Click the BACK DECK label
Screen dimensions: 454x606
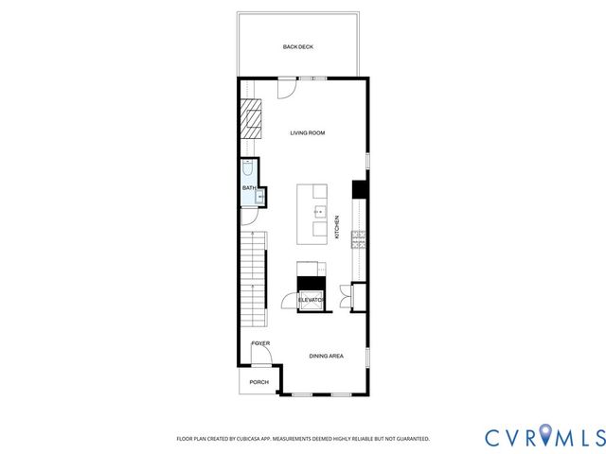(x=297, y=46)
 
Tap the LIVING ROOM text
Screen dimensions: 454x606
(x=308, y=133)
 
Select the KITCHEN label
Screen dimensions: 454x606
(x=337, y=228)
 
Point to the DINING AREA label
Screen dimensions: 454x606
(x=326, y=356)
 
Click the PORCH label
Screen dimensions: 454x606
(x=258, y=382)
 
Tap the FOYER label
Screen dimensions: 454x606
(x=260, y=343)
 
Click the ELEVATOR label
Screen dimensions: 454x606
(x=312, y=300)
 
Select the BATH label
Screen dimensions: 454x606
(x=248, y=188)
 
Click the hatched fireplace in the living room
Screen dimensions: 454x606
(x=251, y=118)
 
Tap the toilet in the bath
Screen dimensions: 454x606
(x=248, y=169)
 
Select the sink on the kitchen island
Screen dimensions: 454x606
(x=320, y=212)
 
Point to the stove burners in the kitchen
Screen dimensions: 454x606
(x=359, y=242)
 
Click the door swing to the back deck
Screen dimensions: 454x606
(x=284, y=88)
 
